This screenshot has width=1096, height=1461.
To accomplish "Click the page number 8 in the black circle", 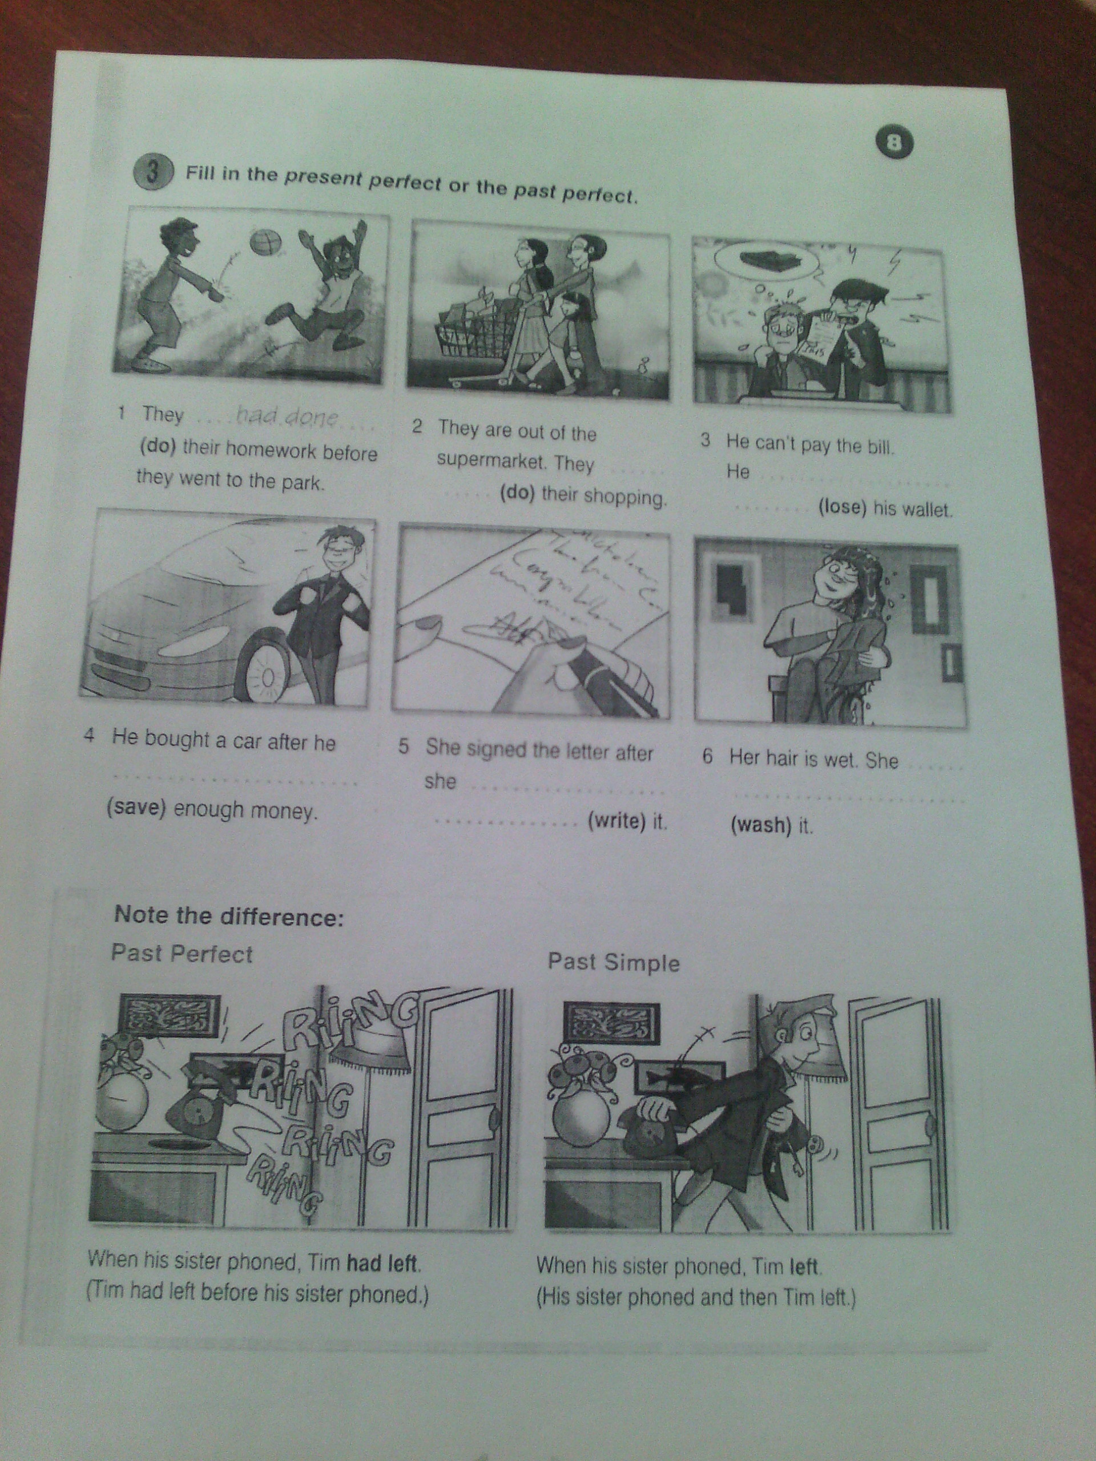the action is tap(895, 144).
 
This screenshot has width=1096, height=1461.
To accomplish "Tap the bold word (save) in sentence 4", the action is tap(136, 809).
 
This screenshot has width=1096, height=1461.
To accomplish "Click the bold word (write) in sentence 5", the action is tap(616, 821).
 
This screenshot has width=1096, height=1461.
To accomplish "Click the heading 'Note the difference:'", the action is tap(229, 917).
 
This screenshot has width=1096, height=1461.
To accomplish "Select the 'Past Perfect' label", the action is tap(182, 954).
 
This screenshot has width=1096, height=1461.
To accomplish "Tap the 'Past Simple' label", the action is tap(614, 962).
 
